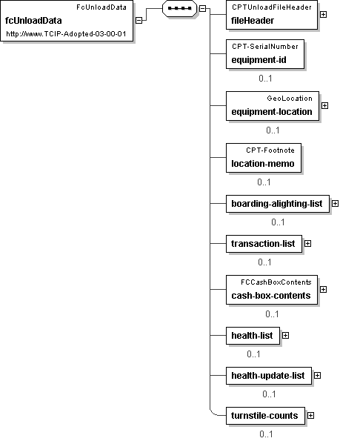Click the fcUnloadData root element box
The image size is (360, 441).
coord(67,21)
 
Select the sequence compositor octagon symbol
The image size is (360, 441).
coord(179,8)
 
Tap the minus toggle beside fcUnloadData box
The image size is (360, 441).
coord(139,20)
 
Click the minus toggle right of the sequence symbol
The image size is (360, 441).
coord(202,8)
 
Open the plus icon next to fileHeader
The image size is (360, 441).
coord(323,14)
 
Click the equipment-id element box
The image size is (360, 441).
coord(265,54)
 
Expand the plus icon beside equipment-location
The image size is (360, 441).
coord(324,105)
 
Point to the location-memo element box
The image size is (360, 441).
coord(264,158)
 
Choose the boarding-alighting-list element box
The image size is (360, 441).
coord(278,204)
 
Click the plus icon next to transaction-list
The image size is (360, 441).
coord(307,244)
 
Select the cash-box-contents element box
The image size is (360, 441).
coord(272,290)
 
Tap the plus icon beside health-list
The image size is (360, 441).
coord(285,335)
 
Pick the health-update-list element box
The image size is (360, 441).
coord(269,376)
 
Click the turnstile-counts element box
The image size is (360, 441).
coord(266,416)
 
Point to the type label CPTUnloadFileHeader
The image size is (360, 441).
coord(272,7)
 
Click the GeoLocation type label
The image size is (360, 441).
coord(290,99)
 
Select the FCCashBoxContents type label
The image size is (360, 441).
coord(276,282)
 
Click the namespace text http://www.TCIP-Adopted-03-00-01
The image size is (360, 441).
coord(66,34)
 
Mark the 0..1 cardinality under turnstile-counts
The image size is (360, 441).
coord(266,434)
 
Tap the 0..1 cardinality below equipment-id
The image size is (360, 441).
coord(265,79)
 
